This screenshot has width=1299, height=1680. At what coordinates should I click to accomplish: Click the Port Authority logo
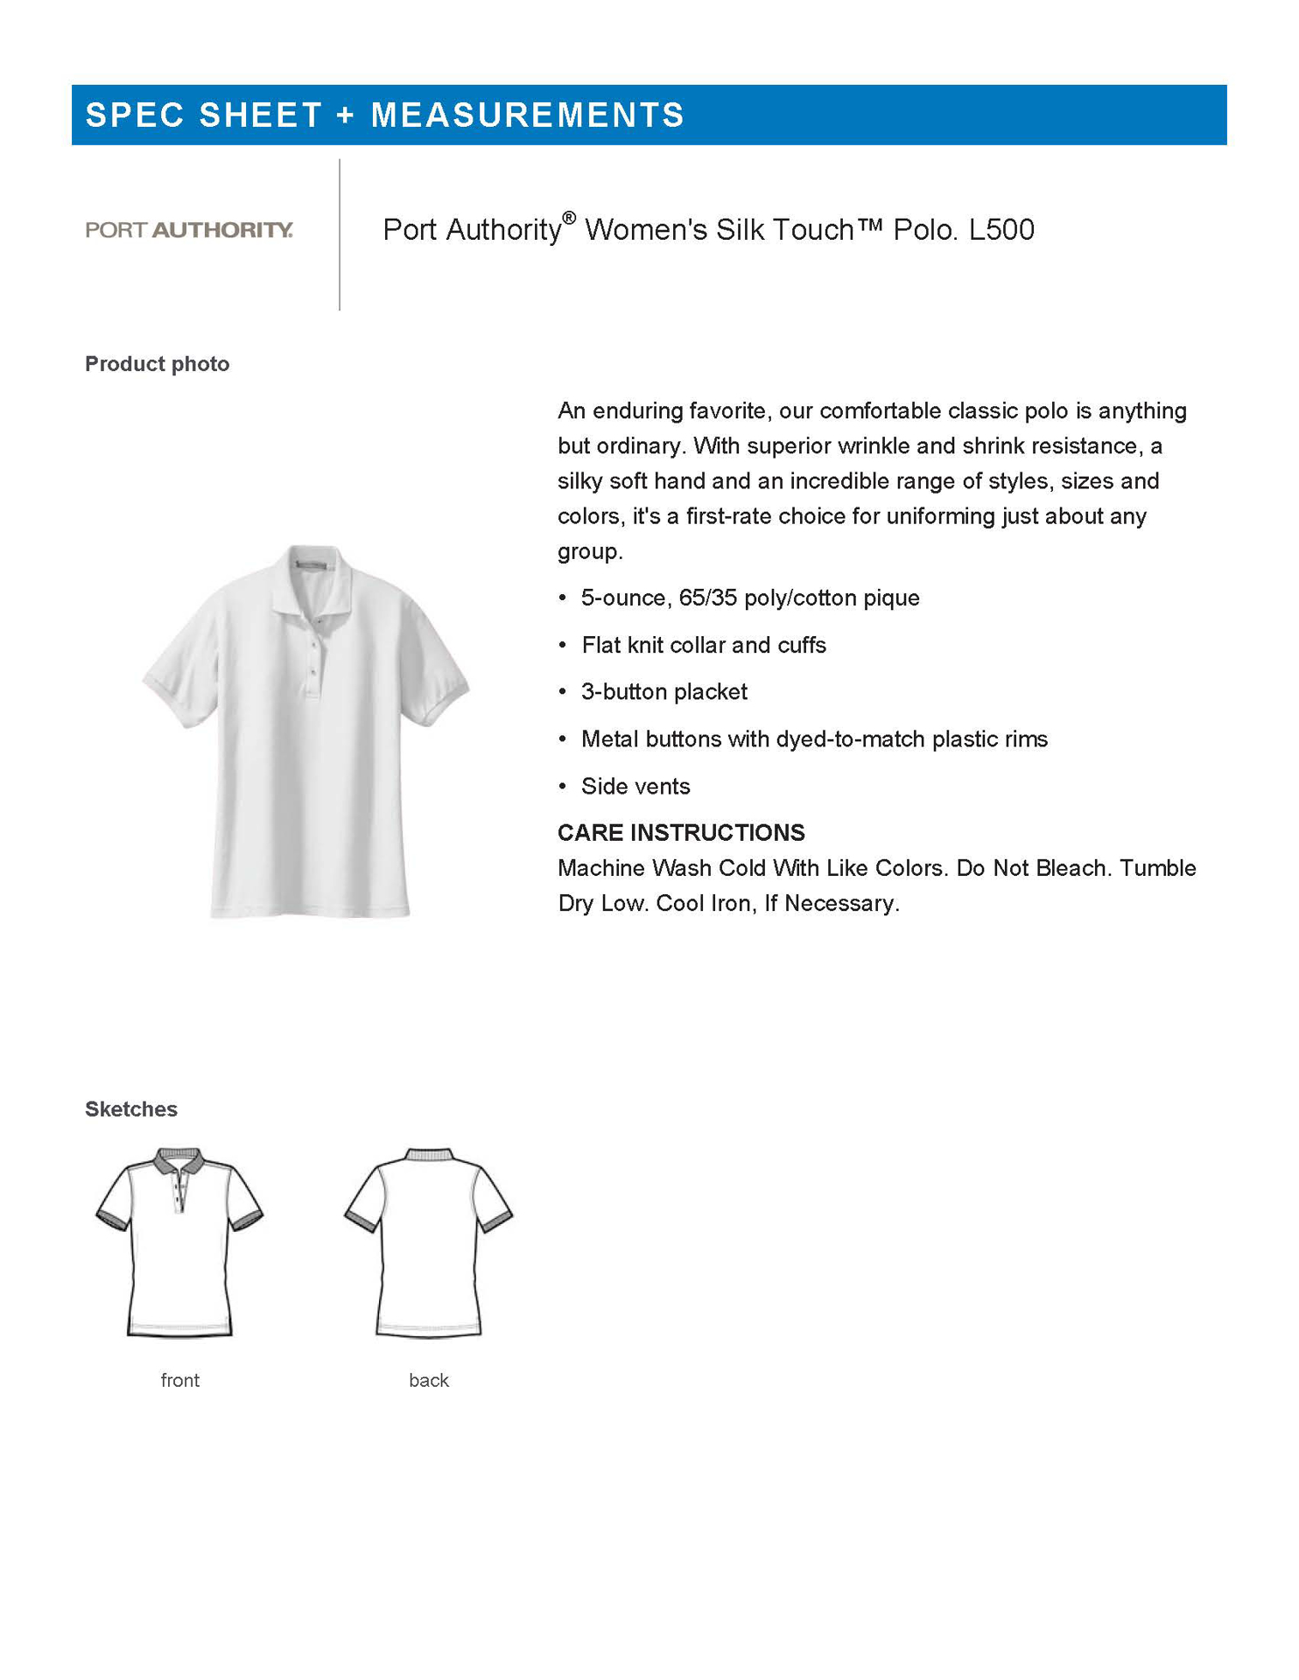[x=189, y=230]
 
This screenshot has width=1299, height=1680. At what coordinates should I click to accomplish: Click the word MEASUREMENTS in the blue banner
[x=527, y=115]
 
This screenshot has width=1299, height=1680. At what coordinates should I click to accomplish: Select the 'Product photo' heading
[x=158, y=364]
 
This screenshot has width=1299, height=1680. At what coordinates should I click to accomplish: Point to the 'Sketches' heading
[x=131, y=1109]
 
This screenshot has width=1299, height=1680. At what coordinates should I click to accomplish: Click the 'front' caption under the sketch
[x=180, y=1380]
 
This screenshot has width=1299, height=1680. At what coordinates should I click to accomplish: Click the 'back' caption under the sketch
[x=429, y=1380]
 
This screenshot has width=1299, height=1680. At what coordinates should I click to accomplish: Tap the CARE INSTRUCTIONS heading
[x=681, y=832]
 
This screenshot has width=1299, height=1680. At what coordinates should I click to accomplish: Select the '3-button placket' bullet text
[x=664, y=692]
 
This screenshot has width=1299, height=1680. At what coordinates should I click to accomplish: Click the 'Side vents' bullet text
[x=635, y=787]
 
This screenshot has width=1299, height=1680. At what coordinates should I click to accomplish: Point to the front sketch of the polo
[x=179, y=1242]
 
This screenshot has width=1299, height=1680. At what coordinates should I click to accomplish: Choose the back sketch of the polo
[x=429, y=1242]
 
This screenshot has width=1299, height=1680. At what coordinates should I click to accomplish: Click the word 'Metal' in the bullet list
[x=609, y=739]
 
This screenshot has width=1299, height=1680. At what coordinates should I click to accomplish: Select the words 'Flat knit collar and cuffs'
[x=704, y=646]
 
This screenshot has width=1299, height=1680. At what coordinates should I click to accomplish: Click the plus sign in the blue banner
[x=347, y=115]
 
